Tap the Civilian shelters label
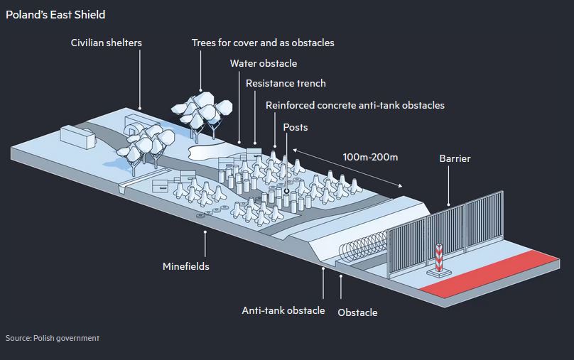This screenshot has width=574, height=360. click(x=106, y=43)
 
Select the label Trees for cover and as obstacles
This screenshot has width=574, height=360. click(x=263, y=43)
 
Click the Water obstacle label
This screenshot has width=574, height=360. click(x=263, y=63)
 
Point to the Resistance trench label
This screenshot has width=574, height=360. click(x=286, y=83)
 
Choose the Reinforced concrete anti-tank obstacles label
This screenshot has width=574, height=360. click(x=354, y=105)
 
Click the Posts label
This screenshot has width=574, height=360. click(x=295, y=127)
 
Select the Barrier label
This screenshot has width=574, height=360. click(x=455, y=158)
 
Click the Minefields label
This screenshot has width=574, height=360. click(x=185, y=266)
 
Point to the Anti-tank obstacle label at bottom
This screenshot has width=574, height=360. click(x=283, y=310)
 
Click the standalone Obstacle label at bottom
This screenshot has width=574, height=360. click(x=357, y=312)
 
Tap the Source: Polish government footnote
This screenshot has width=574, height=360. click(x=53, y=338)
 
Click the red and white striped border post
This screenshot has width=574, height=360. click(x=438, y=259)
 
